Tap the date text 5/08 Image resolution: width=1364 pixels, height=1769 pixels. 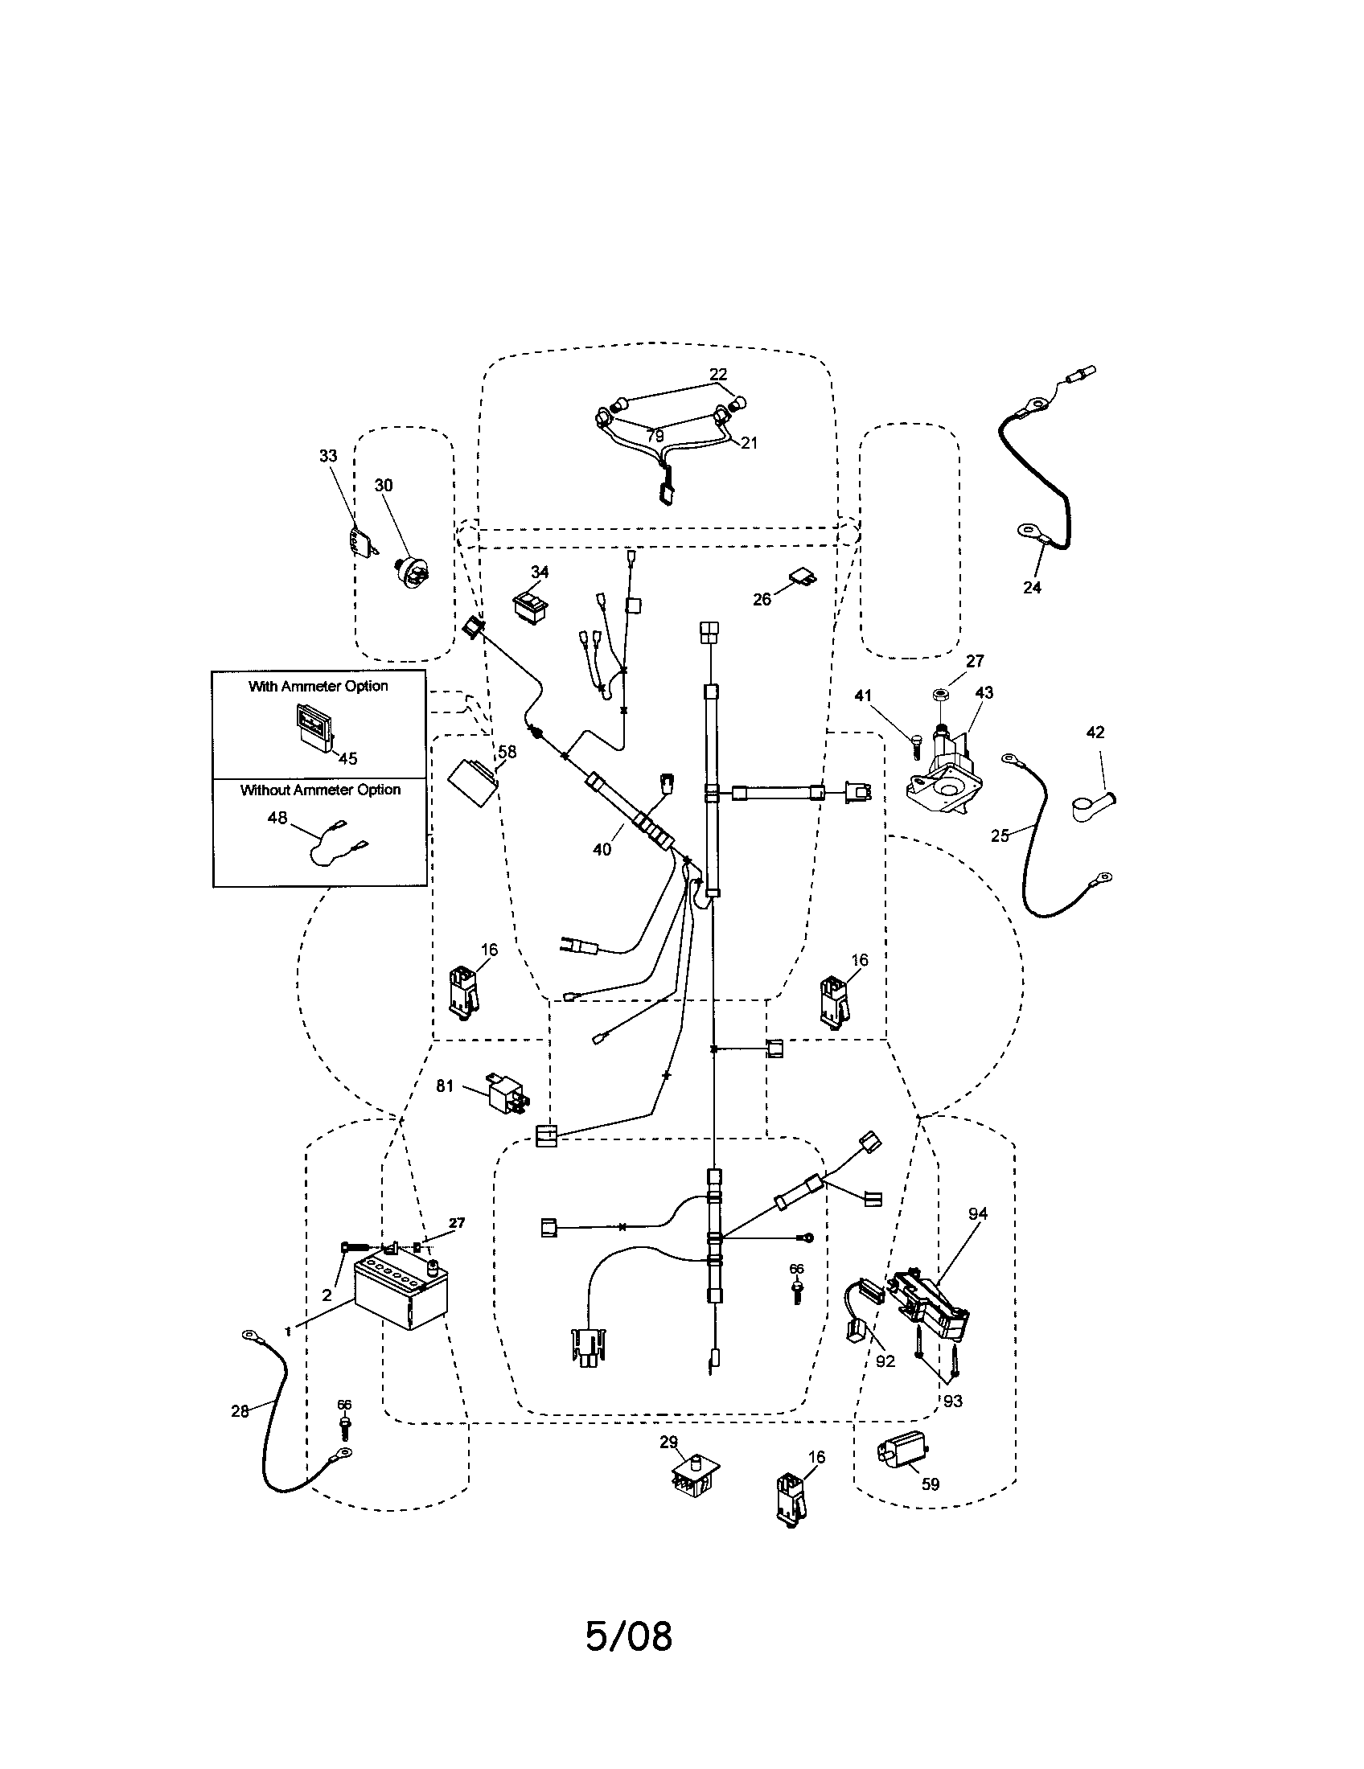tap(629, 1636)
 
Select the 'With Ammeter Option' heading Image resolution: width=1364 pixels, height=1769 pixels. tap(318, 686)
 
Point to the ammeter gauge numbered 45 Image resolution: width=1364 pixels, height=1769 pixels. tap(312, 727)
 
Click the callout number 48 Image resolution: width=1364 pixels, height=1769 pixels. tap(277, 818)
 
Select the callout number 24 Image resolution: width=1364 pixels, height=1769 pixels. tap(1032, 587)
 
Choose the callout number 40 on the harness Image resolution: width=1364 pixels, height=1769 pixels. tap(602, 850)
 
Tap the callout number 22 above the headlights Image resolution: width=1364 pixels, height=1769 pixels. tap(717, 374)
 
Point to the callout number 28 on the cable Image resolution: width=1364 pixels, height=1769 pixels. tap(240, 1411)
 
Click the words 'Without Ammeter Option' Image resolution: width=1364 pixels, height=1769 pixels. tap(320, 790)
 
